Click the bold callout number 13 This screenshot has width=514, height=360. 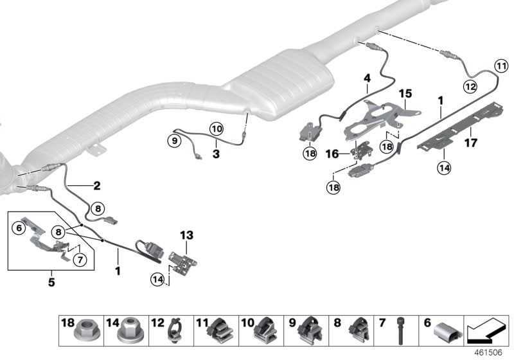[x=186, y=236]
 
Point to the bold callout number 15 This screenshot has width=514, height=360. [x=405, y=94]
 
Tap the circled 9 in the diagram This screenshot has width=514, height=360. [x=174, y=139]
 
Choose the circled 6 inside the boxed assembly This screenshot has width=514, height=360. [x=19, y=227]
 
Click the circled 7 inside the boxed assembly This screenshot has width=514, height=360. [x=80, y=259]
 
